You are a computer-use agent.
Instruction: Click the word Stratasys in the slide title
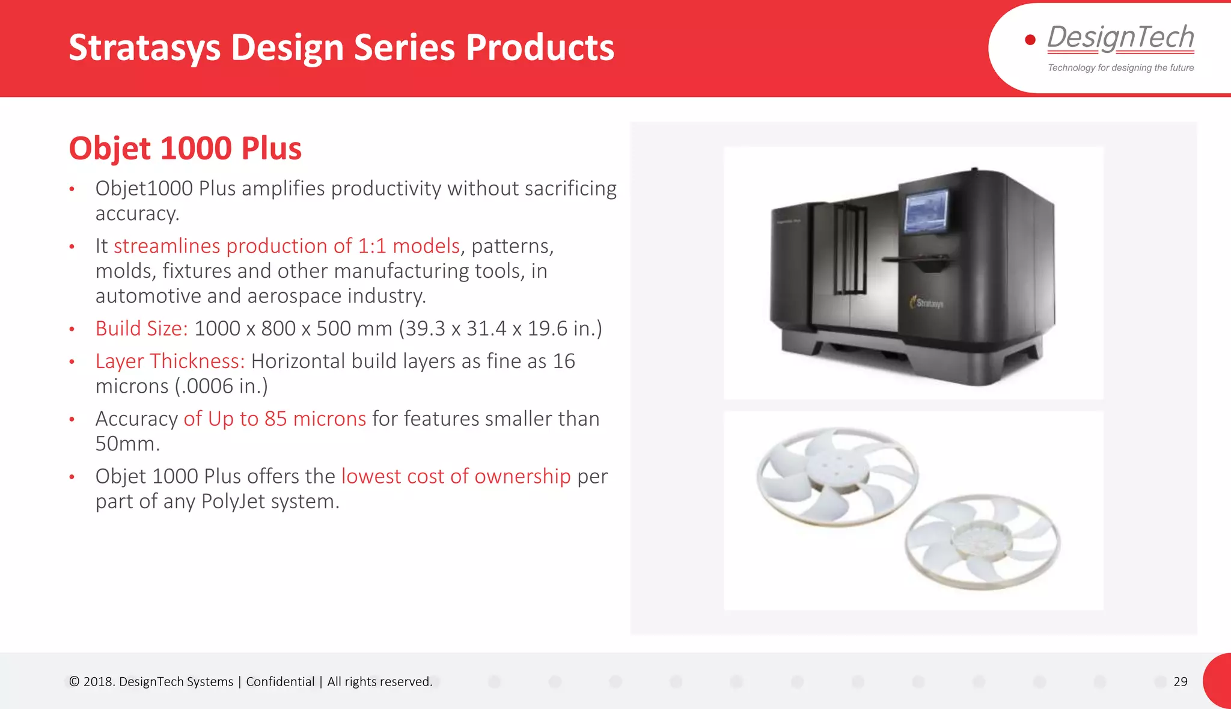(144, 48)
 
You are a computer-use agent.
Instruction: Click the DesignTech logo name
(1120, 37)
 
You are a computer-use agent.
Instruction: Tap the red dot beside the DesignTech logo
(1030, 40)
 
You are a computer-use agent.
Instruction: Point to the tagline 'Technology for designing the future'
(1120, 68)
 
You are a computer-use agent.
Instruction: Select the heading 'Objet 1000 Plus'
(185, 149)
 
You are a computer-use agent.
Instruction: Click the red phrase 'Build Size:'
(141, 328)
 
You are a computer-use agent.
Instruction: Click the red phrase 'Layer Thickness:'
(170, 361)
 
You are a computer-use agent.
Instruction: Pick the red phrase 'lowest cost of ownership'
(456, 476)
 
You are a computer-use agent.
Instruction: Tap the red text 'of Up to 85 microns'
(275, 419)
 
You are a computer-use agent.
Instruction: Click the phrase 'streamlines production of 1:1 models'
(287, 246)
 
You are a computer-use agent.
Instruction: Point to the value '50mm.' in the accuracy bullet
(127, 444)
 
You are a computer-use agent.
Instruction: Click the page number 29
(1180, 681)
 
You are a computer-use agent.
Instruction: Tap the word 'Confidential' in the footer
(280, 681)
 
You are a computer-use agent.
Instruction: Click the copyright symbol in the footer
(74, 681)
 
